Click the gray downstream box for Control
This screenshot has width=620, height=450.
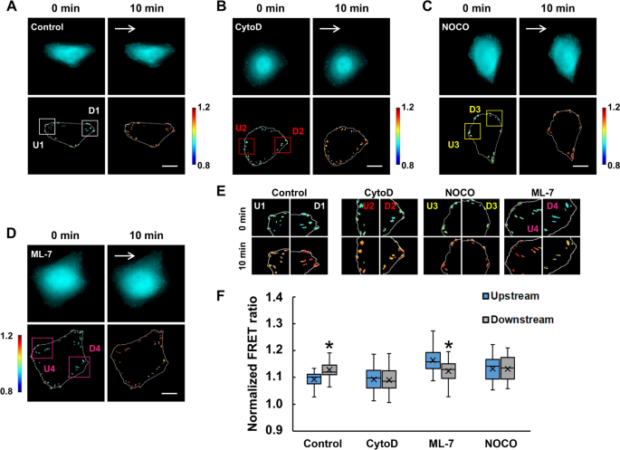pos(329,369)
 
